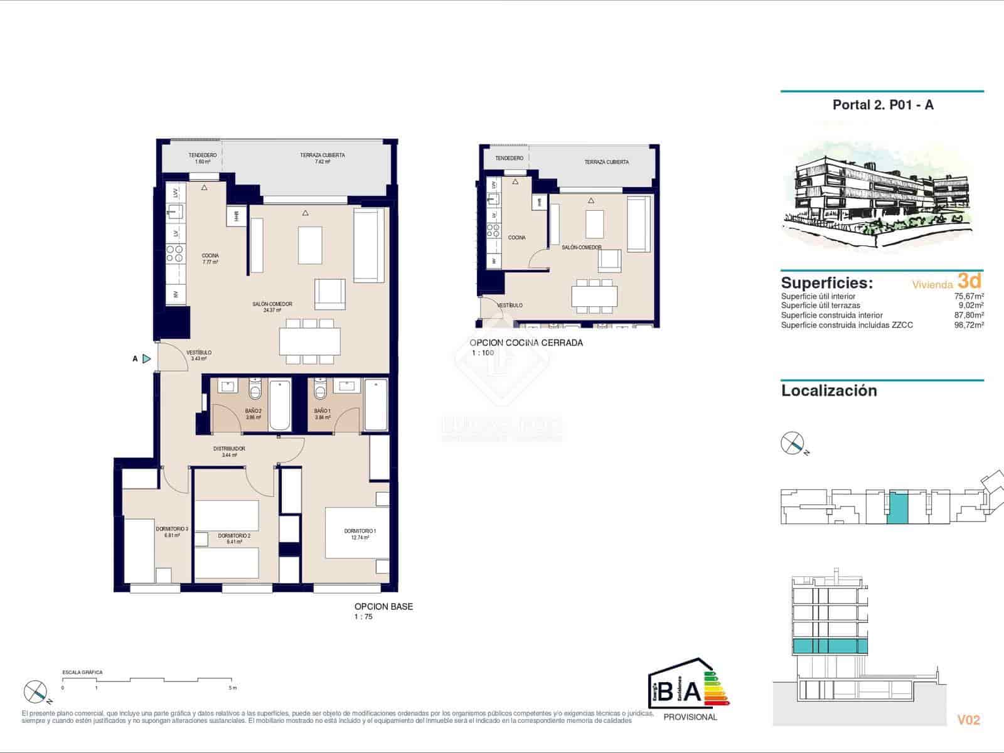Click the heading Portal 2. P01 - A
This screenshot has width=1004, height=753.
coord(882,105)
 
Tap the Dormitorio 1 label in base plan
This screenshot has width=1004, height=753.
coord(360,534)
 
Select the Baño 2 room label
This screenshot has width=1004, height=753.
coord(253,414)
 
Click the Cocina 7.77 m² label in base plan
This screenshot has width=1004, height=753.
coord(210,259)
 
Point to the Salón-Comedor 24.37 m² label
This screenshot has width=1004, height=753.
coord(272,307)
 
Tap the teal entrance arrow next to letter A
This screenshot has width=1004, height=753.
coord(146,359)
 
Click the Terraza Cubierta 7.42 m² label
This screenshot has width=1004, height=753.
coord(322,158)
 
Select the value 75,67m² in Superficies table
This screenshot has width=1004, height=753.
coord(968,296)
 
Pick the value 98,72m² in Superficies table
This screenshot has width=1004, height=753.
coord(968,325)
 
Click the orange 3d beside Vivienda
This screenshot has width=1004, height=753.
coord(969,280)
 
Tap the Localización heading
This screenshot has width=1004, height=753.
coord(828,391)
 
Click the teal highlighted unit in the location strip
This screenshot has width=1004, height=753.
coord(897,507)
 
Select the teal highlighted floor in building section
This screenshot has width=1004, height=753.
coord(831,647)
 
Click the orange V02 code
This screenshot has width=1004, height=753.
coord(968,720)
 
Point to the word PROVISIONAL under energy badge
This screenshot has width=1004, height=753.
coord(690,717)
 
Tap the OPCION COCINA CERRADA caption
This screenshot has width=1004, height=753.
coord(526,343)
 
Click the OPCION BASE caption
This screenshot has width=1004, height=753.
coord(383,607)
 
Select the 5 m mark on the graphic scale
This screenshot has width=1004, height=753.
coord(233,688)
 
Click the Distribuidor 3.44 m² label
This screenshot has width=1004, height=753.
coord(229,452)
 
